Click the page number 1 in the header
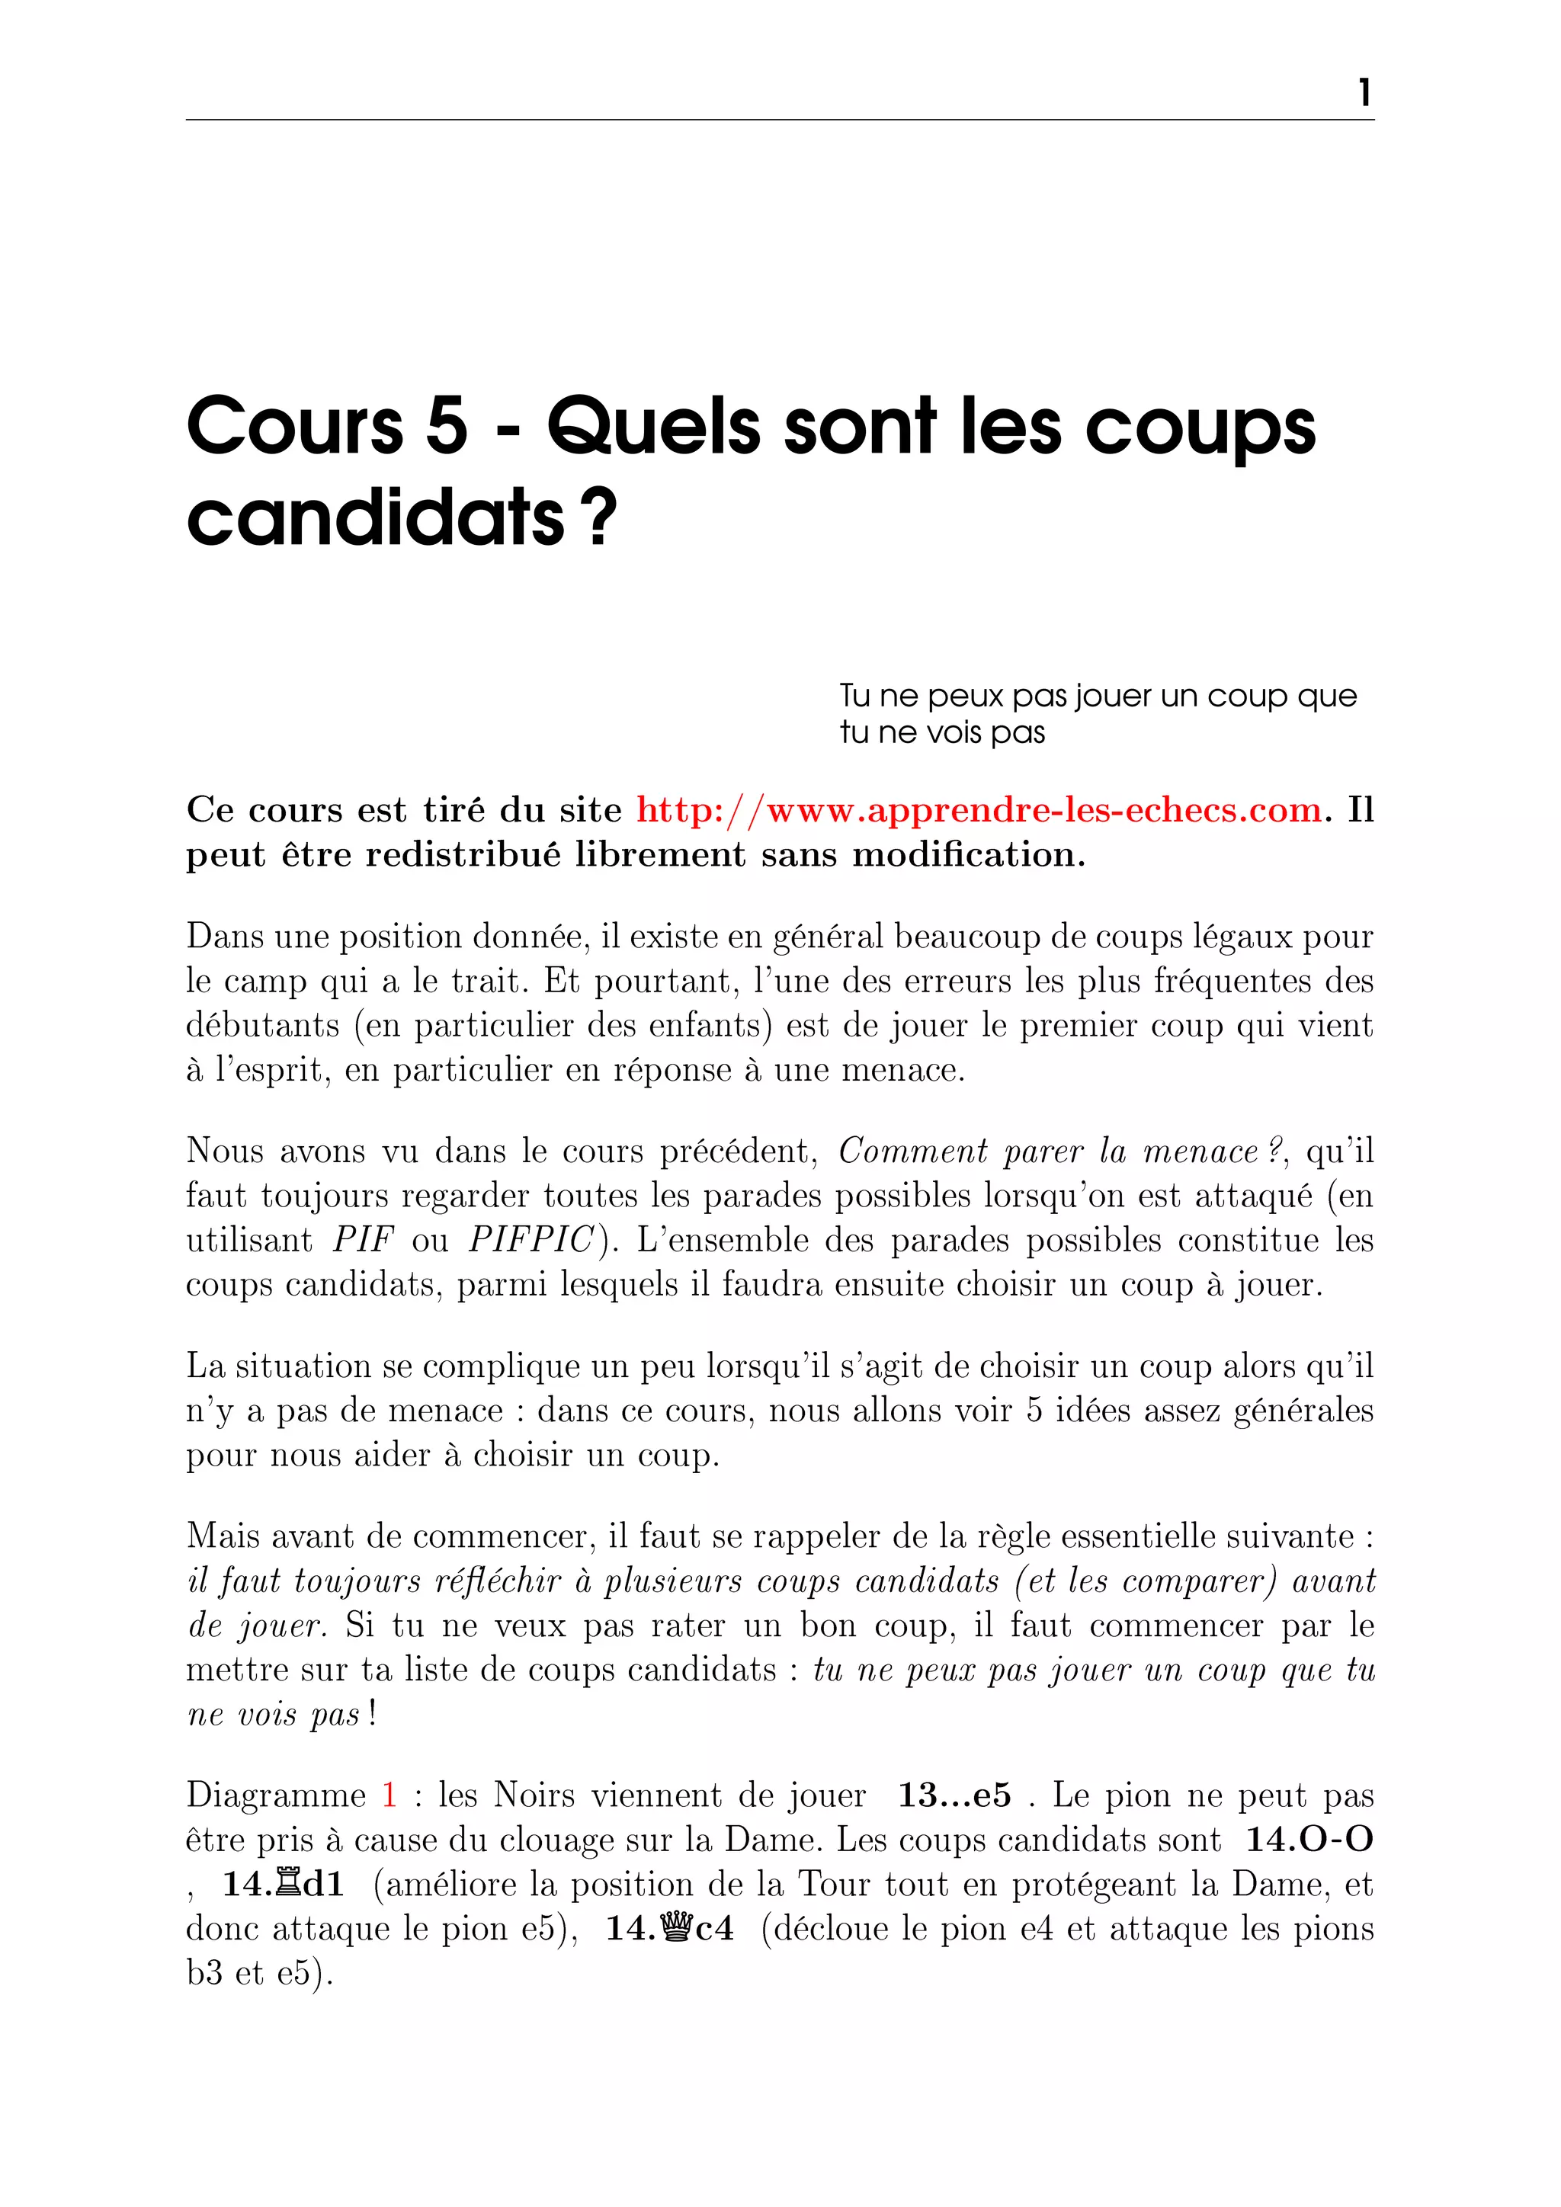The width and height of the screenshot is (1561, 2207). (x=1364, y=93)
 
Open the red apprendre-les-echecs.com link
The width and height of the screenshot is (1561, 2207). (x=979, y=810)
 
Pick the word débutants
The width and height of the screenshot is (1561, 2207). (x=262, y=1026)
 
